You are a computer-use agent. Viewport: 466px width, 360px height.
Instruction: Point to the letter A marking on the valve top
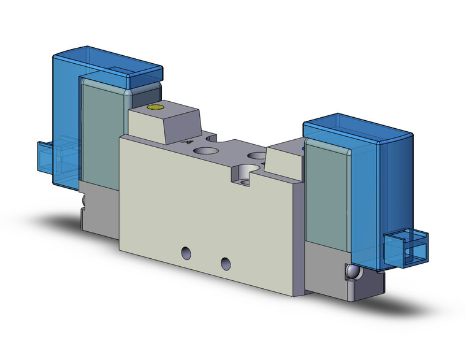186,141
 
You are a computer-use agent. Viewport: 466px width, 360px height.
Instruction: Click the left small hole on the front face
185,252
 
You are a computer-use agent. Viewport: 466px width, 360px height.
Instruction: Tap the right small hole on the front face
226,263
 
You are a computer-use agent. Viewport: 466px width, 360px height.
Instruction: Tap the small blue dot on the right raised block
303,148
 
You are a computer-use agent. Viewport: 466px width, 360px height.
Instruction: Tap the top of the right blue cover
356,125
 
